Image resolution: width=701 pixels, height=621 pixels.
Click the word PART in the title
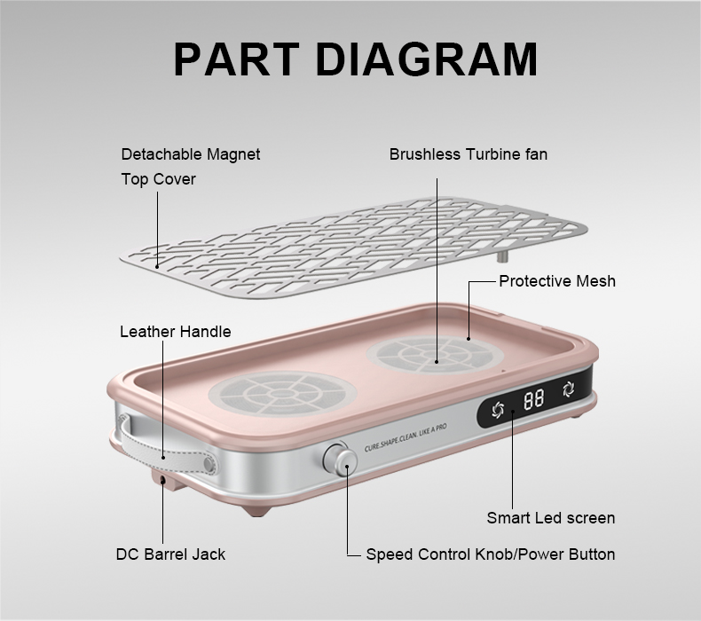237,59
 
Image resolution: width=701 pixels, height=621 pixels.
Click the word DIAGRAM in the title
427,59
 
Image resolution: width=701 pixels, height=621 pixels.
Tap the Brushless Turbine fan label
469,154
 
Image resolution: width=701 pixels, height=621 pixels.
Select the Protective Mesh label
557,281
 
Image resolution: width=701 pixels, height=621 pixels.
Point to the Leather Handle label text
176,332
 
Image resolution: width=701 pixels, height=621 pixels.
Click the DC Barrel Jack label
170,554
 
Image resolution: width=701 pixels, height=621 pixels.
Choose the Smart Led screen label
551,518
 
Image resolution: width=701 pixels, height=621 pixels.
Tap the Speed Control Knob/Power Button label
491,554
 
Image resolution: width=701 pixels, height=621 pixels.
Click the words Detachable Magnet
191,154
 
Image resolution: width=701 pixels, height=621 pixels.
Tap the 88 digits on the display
534,398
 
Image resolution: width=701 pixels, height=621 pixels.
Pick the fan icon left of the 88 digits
498,410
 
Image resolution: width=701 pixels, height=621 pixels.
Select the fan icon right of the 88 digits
569,389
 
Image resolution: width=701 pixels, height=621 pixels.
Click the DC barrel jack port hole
162,480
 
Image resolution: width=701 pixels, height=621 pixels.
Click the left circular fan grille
282,394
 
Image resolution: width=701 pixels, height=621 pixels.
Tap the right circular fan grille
435,355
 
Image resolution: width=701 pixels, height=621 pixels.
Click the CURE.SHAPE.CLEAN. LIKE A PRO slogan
406,437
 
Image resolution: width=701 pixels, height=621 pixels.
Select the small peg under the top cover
502,256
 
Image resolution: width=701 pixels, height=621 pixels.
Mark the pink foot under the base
257,511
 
